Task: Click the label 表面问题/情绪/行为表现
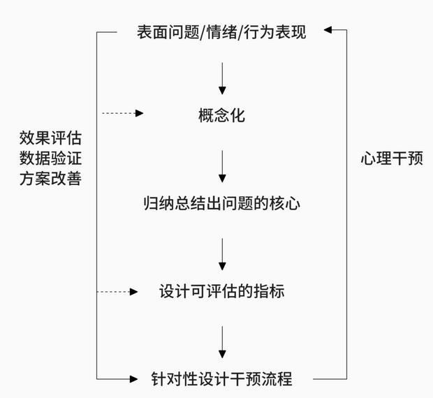(x=221, y=32)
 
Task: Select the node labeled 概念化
(x=221, y=115)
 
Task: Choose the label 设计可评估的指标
(x=221, y=291)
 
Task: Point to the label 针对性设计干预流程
(x=221, y=379)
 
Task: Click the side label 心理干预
(x=392, y=159)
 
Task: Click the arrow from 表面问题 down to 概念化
(x=222, y=78)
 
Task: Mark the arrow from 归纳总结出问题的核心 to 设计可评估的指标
(x=222, y=253)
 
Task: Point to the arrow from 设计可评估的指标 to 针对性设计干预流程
(x=222, y=341)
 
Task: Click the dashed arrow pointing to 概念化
(x=122, y=112)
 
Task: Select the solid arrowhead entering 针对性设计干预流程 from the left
(x=134, y=379)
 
